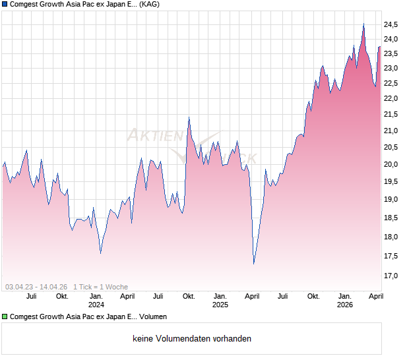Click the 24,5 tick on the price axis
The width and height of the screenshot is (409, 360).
[391, 24]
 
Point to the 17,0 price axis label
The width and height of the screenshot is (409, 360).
[391, 276]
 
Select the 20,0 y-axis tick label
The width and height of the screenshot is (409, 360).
[391, 165]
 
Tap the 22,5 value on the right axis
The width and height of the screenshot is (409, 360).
[391, 83]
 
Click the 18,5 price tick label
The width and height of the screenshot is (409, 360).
[391, 218]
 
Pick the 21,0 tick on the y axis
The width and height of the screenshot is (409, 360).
[391, 131]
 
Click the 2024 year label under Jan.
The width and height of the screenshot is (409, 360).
[96, 305]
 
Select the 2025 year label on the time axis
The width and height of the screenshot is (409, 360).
[220, 305]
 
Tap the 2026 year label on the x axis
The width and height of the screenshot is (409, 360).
[345, 305]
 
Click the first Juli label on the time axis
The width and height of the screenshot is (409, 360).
[31, 297]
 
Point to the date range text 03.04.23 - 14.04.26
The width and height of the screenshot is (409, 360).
[36, 287]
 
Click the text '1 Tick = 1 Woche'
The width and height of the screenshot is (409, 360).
[100, 287]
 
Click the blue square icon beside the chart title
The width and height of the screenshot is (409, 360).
[5, 4]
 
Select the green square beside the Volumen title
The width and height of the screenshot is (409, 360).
[5, 317]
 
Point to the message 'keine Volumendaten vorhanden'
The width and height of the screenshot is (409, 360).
[192, 339]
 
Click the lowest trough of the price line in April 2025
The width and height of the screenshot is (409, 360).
[254, 264]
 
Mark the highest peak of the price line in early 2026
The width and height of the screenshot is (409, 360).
[363, 24]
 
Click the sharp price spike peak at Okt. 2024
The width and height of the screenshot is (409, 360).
[189, 118]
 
